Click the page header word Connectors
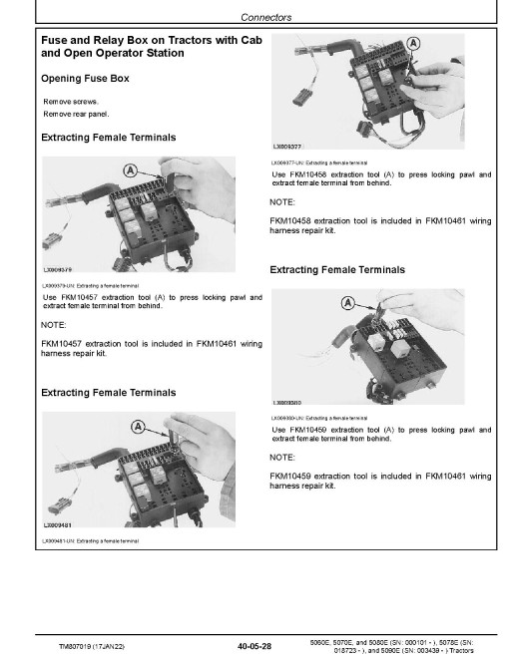pos(265,17)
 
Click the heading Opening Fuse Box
pos(85,79)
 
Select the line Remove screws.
pos(71,102)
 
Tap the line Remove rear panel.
pos(76,114)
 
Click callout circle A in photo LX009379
pos(130,170)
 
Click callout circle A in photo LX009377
pos(413,43)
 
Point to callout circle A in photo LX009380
pos(347,302)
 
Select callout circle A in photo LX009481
pos(138,427)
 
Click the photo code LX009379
pos(58,269)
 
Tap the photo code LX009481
pos(58,525)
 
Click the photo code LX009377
pos(287,147)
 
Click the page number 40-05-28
pos(254,646)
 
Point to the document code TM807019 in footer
pos(76,647)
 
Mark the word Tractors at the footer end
pos(461,650)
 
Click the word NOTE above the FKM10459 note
pos(282,458)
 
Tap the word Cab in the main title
pos(252,40)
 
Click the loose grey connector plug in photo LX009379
pos(52,241)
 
